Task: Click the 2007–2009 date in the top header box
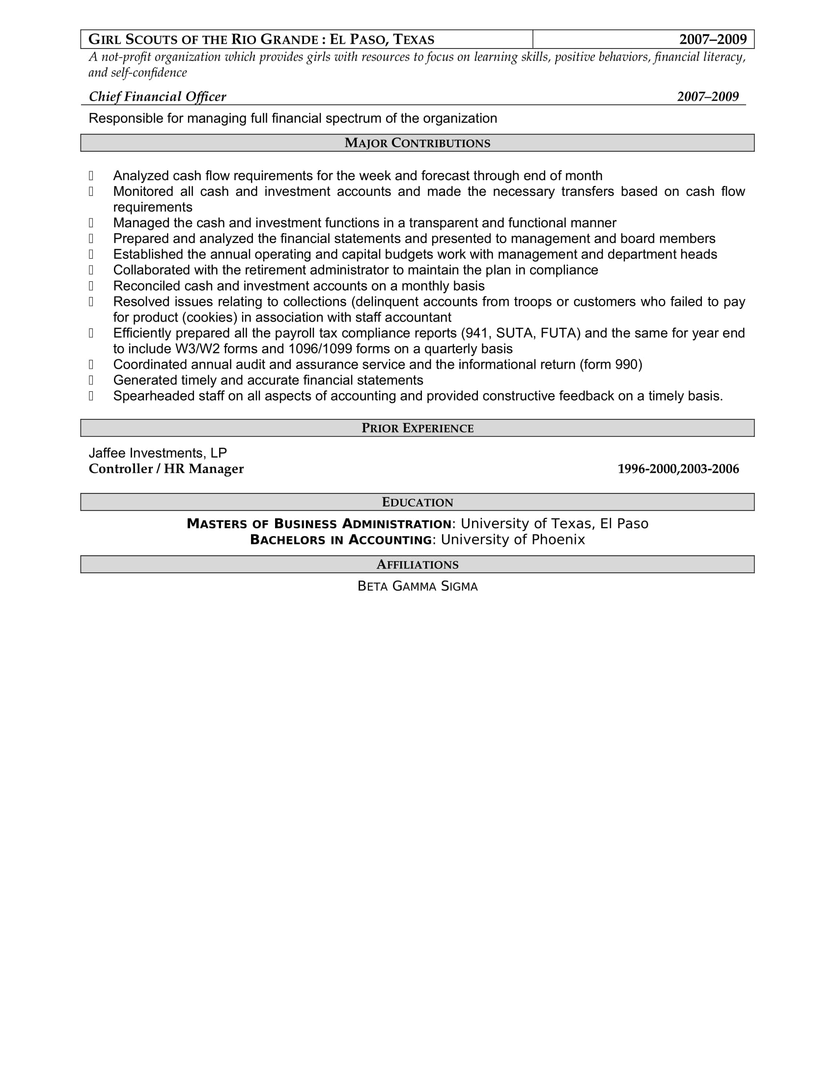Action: [712, 40]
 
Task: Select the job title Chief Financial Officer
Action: [157, 97]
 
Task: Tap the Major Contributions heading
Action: [417, 143]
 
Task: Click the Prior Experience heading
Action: [417, 428]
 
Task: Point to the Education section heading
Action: [417, 502]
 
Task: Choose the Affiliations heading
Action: [417, 565]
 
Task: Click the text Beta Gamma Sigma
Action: [417, 587]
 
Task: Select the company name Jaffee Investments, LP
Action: [157, 453]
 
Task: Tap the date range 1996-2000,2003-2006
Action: [678, 469]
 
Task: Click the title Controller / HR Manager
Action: [166, 469]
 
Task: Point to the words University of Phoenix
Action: [512, 540]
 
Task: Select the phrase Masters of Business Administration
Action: [319, 524]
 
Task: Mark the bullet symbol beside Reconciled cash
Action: [91, 286]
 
